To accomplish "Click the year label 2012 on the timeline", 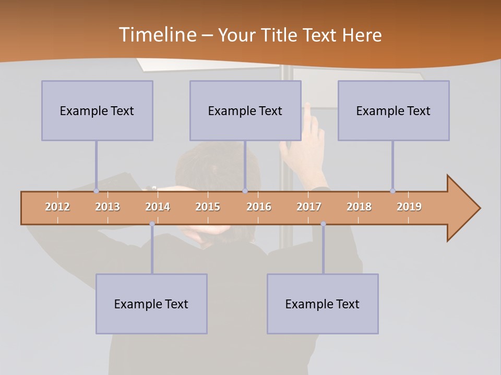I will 57,207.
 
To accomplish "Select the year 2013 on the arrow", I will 108,207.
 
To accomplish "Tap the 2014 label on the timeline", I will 158,207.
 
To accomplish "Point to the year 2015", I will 208,207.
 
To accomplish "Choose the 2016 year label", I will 259,207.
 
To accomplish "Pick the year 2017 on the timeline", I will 309,207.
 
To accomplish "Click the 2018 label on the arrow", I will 359,207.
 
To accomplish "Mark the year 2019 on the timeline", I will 409,207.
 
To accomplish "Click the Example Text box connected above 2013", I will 97,110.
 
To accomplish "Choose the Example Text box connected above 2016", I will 245,110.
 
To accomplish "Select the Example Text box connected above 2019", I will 393,110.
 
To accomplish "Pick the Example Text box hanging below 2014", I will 151,304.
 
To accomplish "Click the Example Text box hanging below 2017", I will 323,304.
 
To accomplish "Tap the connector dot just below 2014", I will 152,224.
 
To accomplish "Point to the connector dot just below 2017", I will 323,224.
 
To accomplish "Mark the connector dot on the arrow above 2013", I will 96,191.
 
